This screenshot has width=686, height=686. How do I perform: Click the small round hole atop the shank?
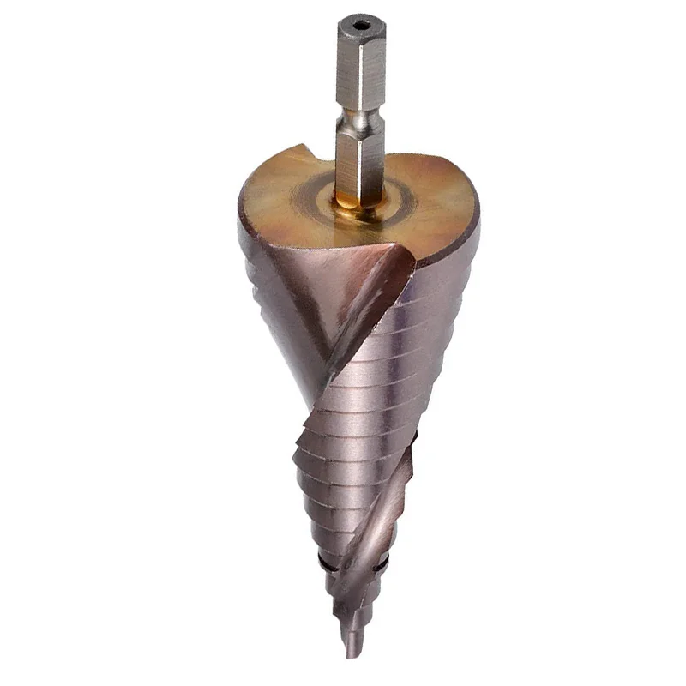[360, 27]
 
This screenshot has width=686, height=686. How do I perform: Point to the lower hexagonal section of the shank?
[359, 167]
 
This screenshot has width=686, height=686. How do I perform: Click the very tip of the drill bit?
[349, 656]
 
